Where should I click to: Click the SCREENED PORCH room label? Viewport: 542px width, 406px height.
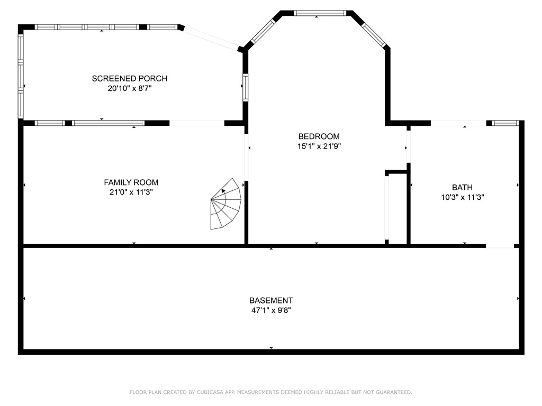tap(130, 78)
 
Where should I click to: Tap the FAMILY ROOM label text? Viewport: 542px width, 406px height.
tap(131, 182)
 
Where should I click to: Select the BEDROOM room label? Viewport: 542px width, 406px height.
tap(319, 136)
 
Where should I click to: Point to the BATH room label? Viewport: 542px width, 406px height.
tap(462, 187)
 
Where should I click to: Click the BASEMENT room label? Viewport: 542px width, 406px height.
tap(271, 300)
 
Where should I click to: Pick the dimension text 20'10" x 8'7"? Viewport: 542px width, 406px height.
tap(130, 89)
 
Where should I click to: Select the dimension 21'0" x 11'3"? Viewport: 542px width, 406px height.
tap(131, 192)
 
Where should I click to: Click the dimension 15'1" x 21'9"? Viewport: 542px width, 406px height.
tap(319, 146)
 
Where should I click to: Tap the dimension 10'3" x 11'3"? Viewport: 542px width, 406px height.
tap(463, 197)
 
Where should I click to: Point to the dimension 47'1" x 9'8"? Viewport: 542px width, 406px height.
tap(271, 310)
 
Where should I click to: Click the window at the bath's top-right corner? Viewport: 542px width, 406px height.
tap(504, 123)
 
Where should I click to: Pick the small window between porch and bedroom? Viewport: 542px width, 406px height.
tap(246, 87)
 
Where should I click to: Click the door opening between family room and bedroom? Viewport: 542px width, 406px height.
tap(246, 156)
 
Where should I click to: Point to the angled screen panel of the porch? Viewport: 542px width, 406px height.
tap(211, 38)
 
